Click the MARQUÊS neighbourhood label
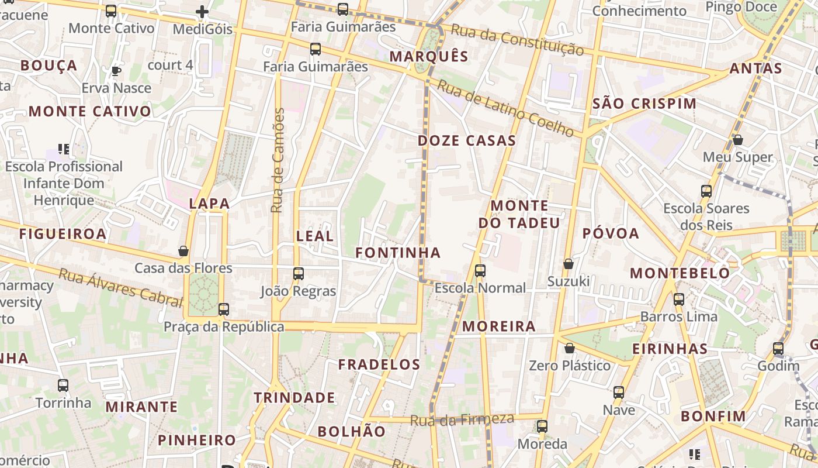[429, 56]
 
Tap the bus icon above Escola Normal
[480, 271]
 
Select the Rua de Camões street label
[278, 160]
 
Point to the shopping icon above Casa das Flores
[183, 251]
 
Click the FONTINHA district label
[398, 253]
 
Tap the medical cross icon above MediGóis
[202, 11]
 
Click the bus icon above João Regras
[299, 273]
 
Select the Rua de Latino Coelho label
[506, 109]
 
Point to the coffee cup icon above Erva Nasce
[116, 71]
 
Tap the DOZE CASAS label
[467, 140]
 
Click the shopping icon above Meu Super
[738, 140]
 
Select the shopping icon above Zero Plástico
[570, 349]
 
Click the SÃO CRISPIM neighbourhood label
[644, 104]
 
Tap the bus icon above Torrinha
[63, 386]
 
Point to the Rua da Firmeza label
[462, 419]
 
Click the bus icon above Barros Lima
[679, 300]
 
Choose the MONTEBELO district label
[680, 273]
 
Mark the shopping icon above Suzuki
[569, 264]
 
